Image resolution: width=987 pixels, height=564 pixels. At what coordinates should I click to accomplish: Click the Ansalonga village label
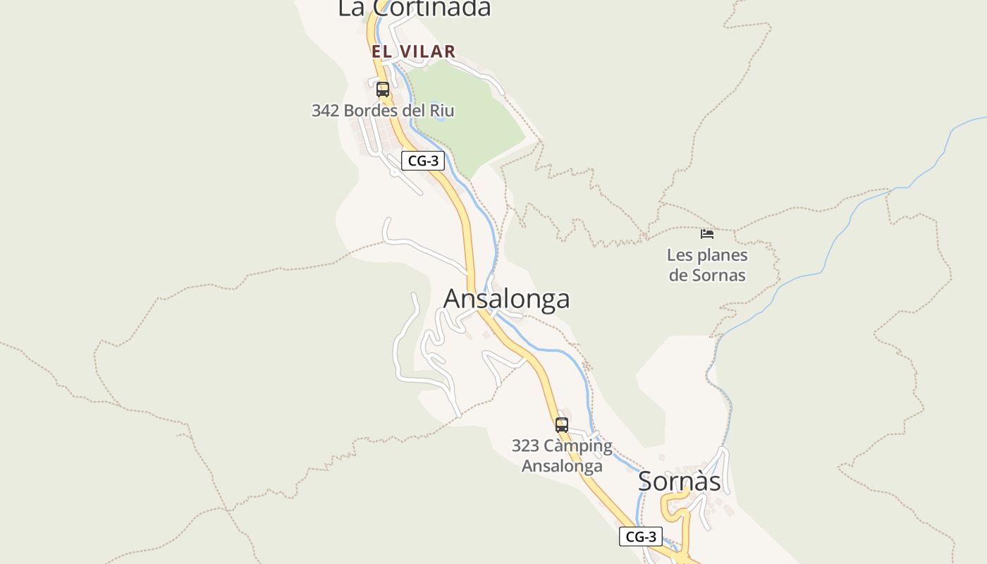coord(506,299)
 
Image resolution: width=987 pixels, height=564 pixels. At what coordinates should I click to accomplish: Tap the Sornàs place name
coord(679,482)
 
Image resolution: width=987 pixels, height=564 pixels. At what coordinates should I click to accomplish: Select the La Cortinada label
coord(414,8)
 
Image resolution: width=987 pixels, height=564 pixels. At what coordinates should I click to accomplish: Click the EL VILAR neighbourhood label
coord(414,51)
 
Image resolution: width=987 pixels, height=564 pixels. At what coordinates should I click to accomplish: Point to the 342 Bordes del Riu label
coord(383,111)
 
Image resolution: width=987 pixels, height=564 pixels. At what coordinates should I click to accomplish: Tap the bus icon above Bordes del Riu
coord(383,90)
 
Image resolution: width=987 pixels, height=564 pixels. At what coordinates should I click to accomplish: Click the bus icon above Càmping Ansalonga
coord(561,425)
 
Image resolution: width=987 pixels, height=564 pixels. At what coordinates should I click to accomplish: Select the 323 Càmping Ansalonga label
coord(562,455)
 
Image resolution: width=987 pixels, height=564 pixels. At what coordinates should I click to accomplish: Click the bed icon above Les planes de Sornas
coord(707,233)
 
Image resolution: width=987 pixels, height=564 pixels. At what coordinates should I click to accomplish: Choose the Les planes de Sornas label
coord(707,265)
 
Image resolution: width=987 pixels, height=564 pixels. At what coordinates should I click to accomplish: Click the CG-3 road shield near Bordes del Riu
coord(423,161)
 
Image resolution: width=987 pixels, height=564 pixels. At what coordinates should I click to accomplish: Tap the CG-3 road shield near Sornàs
coord(641,537)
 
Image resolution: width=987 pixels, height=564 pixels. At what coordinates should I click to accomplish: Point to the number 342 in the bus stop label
coord(326,111)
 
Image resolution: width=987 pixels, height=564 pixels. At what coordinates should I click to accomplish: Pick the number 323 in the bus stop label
coord(526,446)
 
